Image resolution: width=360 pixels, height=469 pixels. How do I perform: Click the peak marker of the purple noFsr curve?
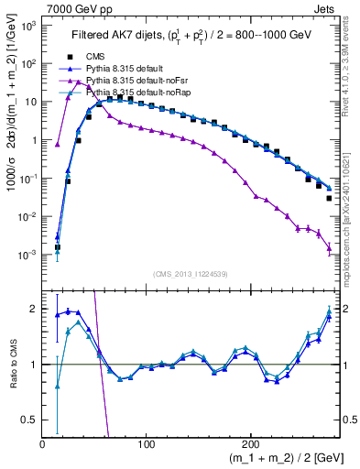tap(79, 82)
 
